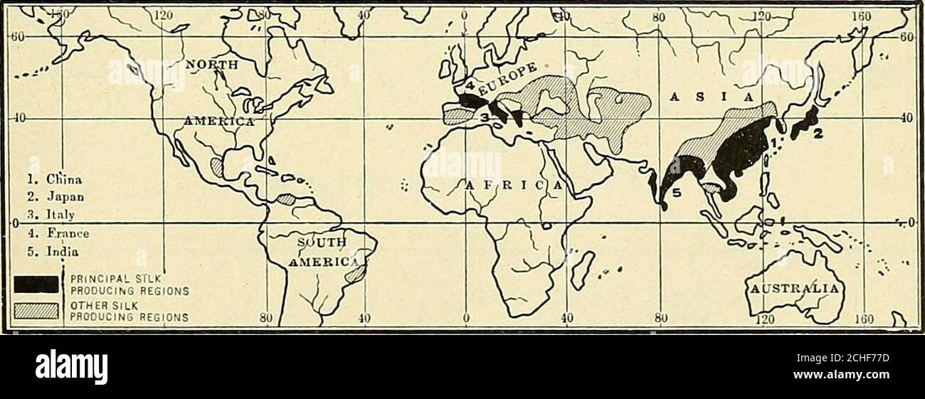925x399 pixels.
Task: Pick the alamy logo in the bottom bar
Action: tap(71, 368)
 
